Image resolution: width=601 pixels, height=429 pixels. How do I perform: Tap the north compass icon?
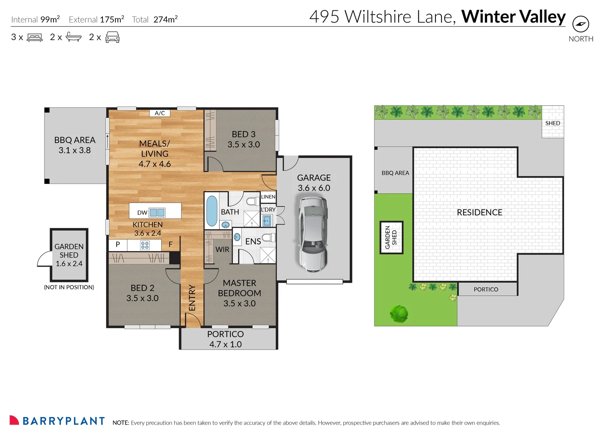click(x=580, y=24)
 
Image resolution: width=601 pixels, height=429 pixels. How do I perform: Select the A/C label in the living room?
click(x=160, y=113)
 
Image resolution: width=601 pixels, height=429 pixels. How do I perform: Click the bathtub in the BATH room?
click(x=212, y=211)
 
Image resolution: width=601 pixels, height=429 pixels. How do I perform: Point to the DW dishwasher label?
click(x=142, y=213)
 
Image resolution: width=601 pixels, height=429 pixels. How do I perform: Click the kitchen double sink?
click(x=157, y=213)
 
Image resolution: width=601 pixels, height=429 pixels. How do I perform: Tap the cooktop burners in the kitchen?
click(x=145, y=245)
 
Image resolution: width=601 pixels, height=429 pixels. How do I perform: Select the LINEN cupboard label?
click(x=268, y=197)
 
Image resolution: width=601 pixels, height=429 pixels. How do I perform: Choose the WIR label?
click(x=222, y=249)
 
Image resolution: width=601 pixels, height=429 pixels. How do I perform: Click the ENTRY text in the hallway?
click(x=192, y=298)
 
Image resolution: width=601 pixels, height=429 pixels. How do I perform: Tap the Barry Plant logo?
click(x=57, y=421)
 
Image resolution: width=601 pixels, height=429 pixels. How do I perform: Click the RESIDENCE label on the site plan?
click(x=479, y=213)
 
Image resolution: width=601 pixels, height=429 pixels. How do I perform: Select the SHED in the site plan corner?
click(x=553, y=123)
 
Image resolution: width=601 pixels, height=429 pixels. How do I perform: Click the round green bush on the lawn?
click(x=399, y=314)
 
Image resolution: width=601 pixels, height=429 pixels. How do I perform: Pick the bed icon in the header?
click(x=35, y=38)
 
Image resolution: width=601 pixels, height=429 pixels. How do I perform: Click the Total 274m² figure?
click(x=155, y=19)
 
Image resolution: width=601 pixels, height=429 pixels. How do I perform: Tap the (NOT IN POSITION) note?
click(x=69, y=287)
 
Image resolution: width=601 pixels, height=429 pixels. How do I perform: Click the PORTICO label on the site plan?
click(x=486, y=289)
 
